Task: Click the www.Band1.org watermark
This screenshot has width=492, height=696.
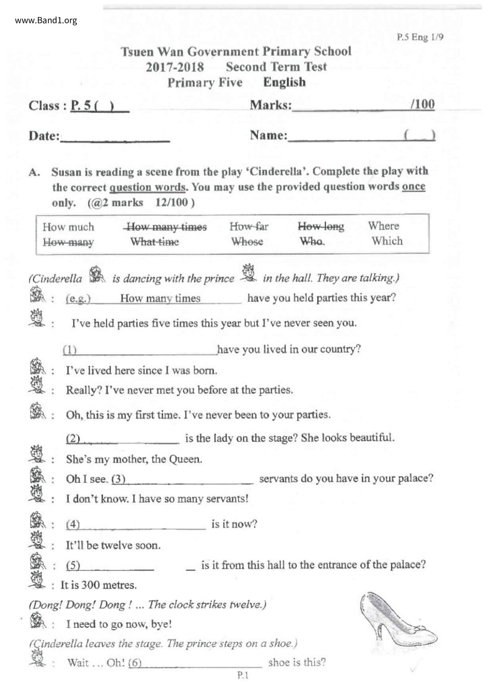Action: pos(46,21)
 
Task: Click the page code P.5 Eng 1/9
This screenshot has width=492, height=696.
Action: pos(420,37)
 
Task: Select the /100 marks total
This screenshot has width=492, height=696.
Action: pos(423,104)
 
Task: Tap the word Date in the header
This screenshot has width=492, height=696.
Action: pos(43,136)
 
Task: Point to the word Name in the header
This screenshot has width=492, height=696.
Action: pos(268,135)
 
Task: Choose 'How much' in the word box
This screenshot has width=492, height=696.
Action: pos(68,227)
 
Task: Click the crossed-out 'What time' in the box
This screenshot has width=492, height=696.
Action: pos(154,242)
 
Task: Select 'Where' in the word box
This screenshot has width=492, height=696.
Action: pos(383,226)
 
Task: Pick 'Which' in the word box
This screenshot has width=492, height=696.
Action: pos(387,241)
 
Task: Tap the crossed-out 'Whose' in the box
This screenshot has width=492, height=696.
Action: pos(247,242)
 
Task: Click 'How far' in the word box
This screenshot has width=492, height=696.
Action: pos(249,227)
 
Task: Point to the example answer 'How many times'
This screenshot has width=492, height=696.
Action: pos(160,298)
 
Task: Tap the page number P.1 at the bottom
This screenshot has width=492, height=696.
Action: pos(243,675)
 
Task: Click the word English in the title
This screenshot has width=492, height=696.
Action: pos(284,82)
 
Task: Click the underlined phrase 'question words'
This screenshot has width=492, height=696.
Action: pos(147,187)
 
